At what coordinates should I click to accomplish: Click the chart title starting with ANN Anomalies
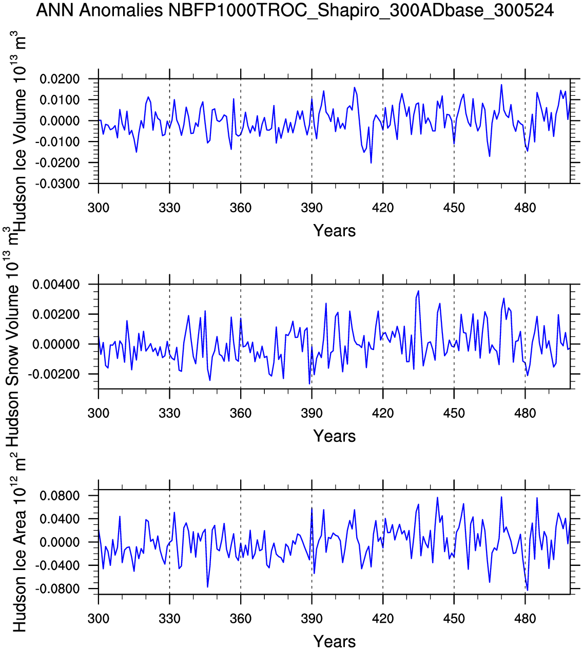pos(295,10)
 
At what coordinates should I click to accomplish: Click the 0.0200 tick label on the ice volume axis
pos(61,79)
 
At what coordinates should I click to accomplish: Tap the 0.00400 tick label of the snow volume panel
pos(56,285)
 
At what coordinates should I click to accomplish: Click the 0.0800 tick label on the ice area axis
pos(61,496)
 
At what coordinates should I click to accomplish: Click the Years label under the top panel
pos(334,231)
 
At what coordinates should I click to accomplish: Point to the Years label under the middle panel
pos(334,436)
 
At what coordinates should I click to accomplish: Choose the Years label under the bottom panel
pos(334,641)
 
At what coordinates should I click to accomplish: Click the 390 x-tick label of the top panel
pos(312,208)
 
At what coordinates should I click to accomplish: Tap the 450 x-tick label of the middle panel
pos(454,413)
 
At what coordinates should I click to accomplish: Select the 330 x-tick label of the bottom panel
pos(169,618)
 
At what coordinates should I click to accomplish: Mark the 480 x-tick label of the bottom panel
pos(524,618)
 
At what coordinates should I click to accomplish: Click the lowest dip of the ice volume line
pos(371,163)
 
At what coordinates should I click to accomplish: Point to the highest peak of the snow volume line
pos(418,291)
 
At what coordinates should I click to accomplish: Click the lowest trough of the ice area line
pos(527,590)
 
